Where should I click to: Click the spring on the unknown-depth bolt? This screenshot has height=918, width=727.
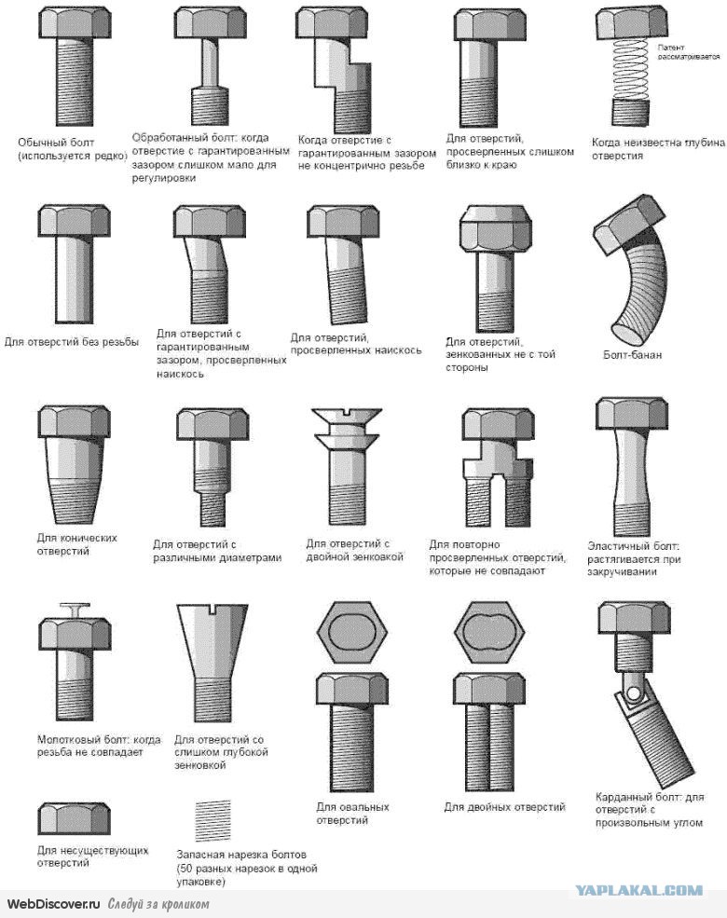click(631, 69)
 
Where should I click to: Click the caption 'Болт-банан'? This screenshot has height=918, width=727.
click(632, 355)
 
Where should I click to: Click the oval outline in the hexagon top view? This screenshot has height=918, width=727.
click(351, 632)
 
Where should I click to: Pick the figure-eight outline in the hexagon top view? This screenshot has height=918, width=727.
click(489, 632)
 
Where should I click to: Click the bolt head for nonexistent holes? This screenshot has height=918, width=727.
click(75, 818)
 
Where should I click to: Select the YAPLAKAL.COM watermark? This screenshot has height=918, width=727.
click(639, 890)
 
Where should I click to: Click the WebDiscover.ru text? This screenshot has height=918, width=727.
click(53, 903)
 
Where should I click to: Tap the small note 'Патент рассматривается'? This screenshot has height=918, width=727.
click(688, 51)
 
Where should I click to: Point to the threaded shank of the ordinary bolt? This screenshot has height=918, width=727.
click(75, 81)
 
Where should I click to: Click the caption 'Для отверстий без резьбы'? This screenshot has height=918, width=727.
click(72, 341)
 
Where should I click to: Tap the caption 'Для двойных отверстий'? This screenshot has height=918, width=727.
click(504, 807)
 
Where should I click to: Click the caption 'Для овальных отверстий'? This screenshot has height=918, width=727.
click(352, 814)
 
